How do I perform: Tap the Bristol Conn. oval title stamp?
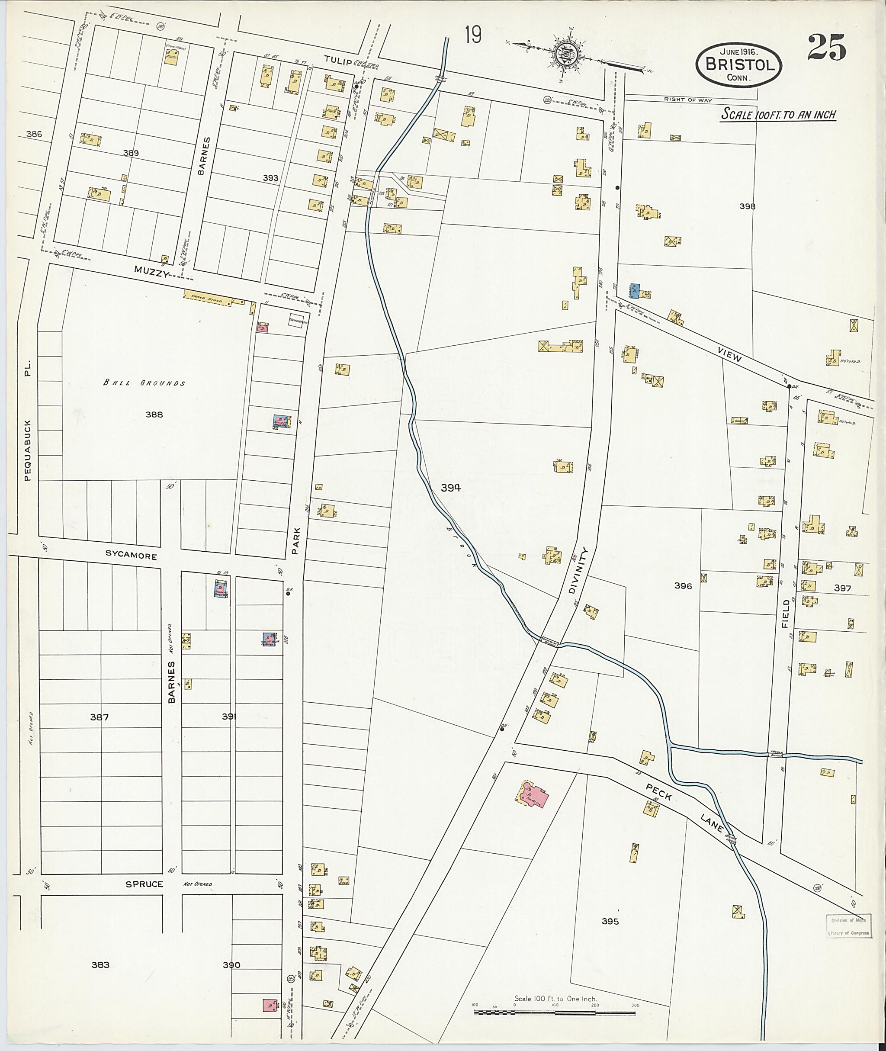point(738,65)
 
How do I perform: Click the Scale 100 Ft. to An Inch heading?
point(779,115)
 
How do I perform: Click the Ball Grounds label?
point(144,383)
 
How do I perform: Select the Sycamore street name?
point(131,556)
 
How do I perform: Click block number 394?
point(450,487)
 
